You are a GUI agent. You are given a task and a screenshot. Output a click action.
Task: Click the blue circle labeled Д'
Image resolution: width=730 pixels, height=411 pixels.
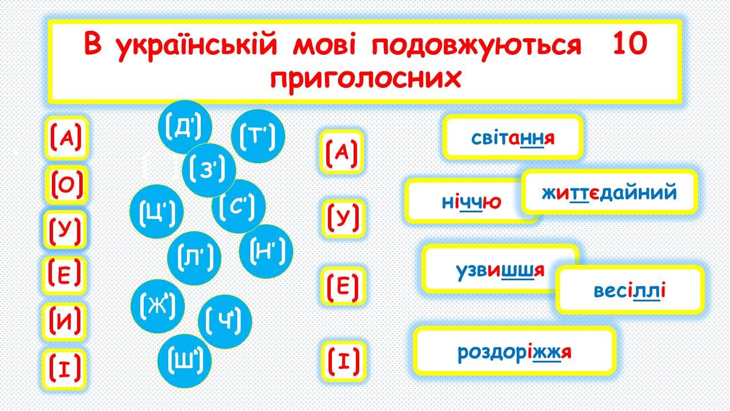point(185,127)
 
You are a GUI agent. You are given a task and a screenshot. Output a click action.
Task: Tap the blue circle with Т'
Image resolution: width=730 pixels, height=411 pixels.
point(258,136)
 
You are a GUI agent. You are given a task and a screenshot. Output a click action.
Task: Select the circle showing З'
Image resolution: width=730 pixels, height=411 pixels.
point(209,170)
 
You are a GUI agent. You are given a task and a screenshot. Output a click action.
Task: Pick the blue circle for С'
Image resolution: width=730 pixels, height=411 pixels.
point(238,206)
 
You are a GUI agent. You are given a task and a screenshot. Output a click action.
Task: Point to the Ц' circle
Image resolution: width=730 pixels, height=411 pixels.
point(156,211)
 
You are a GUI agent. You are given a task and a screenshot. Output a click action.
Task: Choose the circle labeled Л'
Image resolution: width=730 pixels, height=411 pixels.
point(194,259)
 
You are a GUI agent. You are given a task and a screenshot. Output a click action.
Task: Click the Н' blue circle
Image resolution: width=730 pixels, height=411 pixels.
point(266,251)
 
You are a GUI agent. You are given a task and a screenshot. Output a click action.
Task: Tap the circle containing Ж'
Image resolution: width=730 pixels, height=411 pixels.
point(158,307)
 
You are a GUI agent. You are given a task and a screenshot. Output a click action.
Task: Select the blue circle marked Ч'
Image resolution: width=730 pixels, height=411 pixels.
point(225,321)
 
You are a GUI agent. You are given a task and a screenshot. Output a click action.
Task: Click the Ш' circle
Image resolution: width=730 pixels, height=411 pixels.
point(184,361)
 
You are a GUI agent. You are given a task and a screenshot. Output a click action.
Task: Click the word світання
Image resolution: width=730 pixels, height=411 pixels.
point(513,138)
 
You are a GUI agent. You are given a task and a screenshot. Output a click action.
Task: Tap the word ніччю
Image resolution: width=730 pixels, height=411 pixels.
point(471,202)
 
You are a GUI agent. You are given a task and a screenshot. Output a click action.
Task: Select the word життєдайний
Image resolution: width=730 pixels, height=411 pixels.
point(610,192)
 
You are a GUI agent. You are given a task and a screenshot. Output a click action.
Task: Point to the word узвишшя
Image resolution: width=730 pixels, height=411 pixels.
point(500,271)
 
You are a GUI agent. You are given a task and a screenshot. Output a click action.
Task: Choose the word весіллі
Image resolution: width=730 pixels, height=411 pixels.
point(630,291)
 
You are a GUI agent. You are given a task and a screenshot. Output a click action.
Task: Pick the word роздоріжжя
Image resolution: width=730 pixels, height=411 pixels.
point(514,353)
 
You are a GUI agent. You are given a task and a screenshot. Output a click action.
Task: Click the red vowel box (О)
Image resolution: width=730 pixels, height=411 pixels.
point(67,186)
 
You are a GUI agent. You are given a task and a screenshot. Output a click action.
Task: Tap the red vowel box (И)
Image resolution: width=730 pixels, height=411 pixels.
point(64,322)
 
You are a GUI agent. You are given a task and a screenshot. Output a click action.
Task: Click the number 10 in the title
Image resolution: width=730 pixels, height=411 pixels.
point(630,44)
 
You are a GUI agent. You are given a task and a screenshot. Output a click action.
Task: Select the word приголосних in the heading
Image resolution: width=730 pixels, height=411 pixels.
point(366,78)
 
